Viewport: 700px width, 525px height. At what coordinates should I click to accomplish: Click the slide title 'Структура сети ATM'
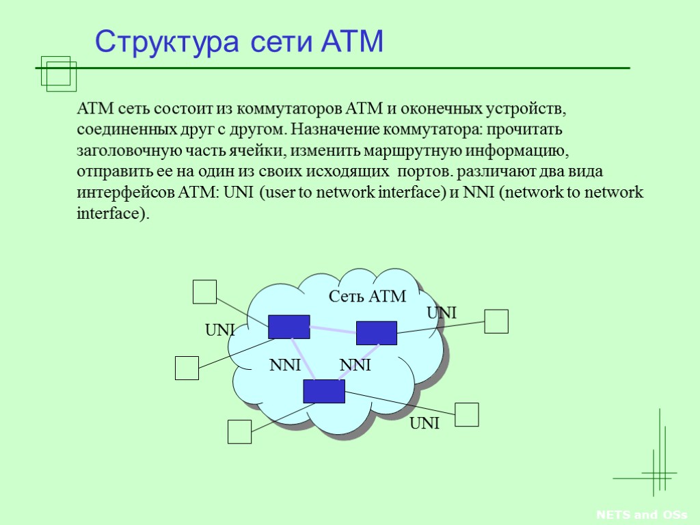tap(239, 42)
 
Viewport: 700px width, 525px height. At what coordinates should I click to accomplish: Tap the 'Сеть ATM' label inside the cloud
tap(367, 297)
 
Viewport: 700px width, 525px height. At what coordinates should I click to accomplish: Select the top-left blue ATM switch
tap(288, 327)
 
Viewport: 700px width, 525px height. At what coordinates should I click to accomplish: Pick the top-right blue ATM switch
tap(376, 332)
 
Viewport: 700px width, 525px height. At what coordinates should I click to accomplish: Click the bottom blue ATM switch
tap(324, 391)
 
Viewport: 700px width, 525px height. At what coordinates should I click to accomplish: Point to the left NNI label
tap(285, 366)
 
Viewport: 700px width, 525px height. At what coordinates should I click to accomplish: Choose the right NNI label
tap(355, 366)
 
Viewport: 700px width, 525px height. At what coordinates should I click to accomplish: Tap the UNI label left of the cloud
tap(220, 331)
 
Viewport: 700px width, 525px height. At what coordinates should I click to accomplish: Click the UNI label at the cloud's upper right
tap(442, 313)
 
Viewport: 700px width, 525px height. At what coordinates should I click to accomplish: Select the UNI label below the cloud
tap(424, 425)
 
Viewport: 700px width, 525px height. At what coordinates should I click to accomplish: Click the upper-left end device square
tap(204, 292)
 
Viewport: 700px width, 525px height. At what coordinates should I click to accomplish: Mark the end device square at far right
tap(496, 321)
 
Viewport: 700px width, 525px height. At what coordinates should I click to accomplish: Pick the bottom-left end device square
tap(239, 432)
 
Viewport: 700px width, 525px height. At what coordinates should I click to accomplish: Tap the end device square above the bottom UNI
tap(467, 415)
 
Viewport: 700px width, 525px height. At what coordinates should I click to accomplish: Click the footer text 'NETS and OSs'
tap(641, 515)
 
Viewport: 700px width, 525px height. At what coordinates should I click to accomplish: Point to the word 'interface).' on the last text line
tap(112, 213)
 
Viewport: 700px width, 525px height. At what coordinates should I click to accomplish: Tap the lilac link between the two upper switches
tap(333, 332)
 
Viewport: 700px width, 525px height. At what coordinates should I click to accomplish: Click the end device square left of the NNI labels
tap(187, 368)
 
